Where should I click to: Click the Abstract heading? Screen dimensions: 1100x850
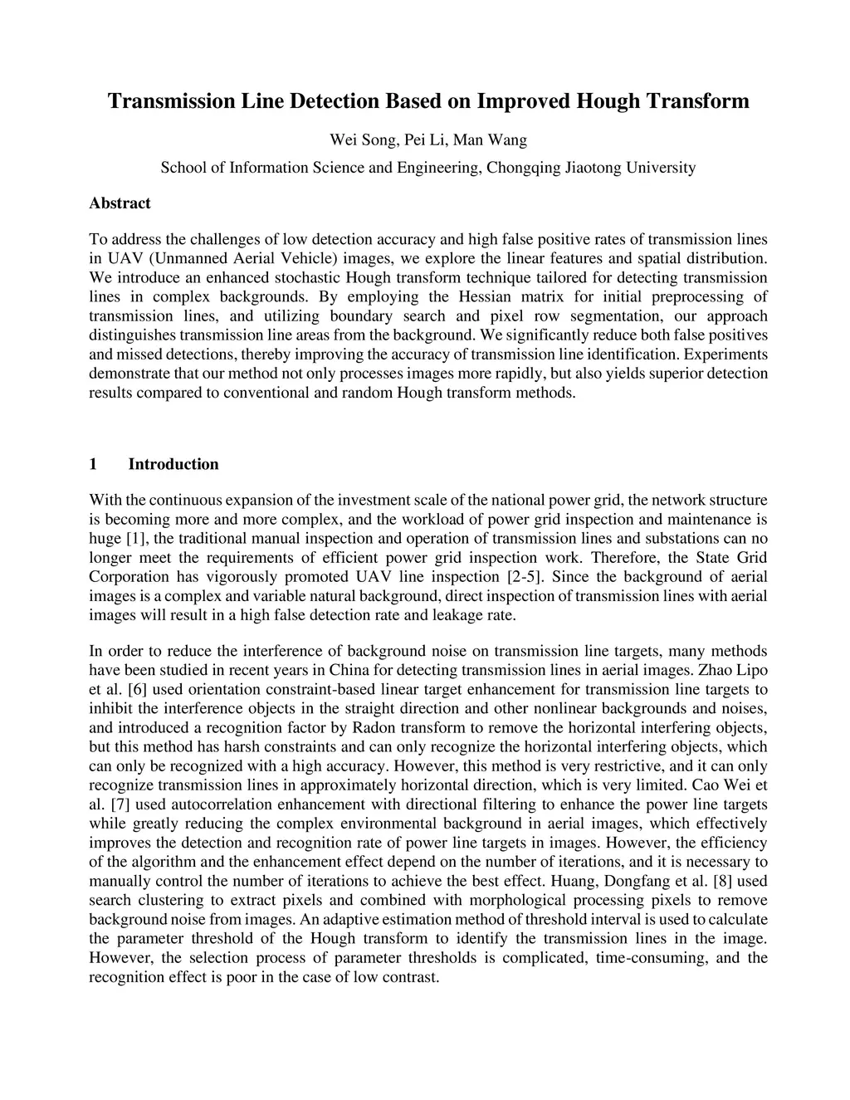click(x=120, y=203)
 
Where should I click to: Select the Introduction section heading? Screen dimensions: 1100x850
click(x=173, y=464)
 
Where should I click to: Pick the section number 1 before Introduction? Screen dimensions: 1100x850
click(x=93, y=464)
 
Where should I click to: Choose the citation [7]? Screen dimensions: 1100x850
click(x=118, y=804)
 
